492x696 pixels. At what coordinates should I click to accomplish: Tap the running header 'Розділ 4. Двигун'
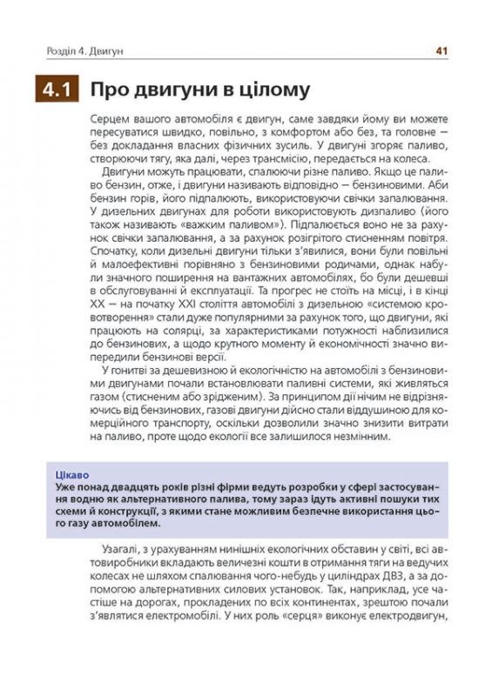coord(85,51)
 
